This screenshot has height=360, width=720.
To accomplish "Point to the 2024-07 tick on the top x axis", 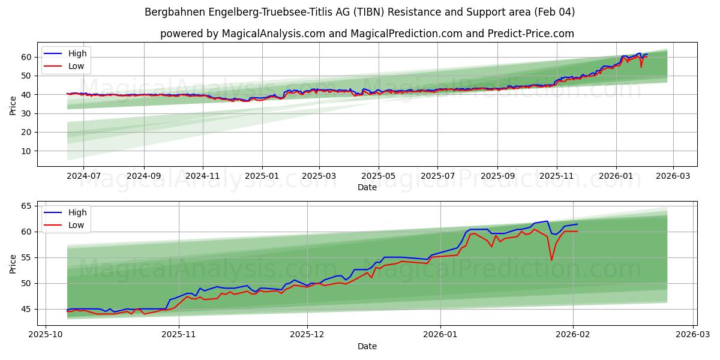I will pos(83,176).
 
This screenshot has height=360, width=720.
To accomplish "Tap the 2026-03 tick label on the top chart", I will pos(673,176).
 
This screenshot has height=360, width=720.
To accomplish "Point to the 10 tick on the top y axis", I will pos(26,151).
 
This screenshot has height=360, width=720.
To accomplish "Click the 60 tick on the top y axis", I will pos(26,57).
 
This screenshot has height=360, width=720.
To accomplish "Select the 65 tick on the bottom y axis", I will pos(26,206).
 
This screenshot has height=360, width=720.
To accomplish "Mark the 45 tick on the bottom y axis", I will pos(26,309).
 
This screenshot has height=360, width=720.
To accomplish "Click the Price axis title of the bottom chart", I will pos(13,263).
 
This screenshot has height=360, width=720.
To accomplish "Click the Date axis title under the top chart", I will pos(367,187).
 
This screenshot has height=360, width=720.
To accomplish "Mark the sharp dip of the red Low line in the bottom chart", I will pos(551,260).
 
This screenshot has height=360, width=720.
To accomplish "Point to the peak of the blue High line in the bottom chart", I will pos(547,221).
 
